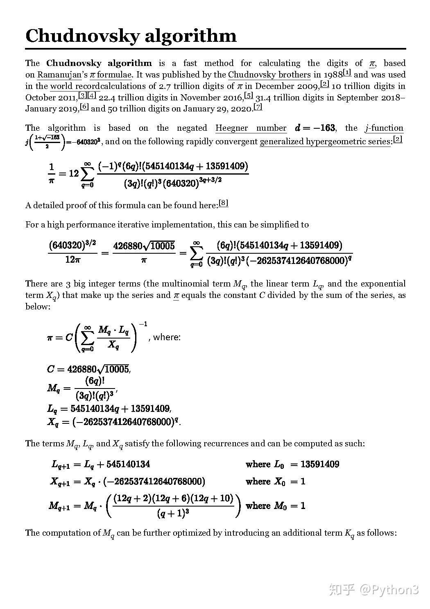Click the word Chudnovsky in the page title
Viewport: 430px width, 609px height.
(x=78, y=36)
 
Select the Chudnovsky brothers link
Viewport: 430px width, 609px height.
(x=269, y=75)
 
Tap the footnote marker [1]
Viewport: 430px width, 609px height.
(x=347, y=73)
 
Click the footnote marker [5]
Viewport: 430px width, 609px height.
(x=248, y=95)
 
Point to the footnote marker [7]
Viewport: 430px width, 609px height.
(x=258, y=107)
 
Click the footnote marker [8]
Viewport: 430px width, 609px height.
(x=223, y=203)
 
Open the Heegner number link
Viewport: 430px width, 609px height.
(x=251, y=128)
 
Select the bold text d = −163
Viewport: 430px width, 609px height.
(x=315, y=128)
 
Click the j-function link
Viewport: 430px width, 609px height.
(x=384, y=128)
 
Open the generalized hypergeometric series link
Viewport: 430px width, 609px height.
(x=325, y=142)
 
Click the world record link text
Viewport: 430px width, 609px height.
(x=75, y=86)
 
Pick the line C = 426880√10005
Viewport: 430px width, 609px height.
(x=88, y=369)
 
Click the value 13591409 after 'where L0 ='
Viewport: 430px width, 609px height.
(x=319, y=464)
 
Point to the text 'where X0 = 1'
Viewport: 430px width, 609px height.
(x=275, y=482)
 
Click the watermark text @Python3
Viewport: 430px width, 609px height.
(x=389, y=590)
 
